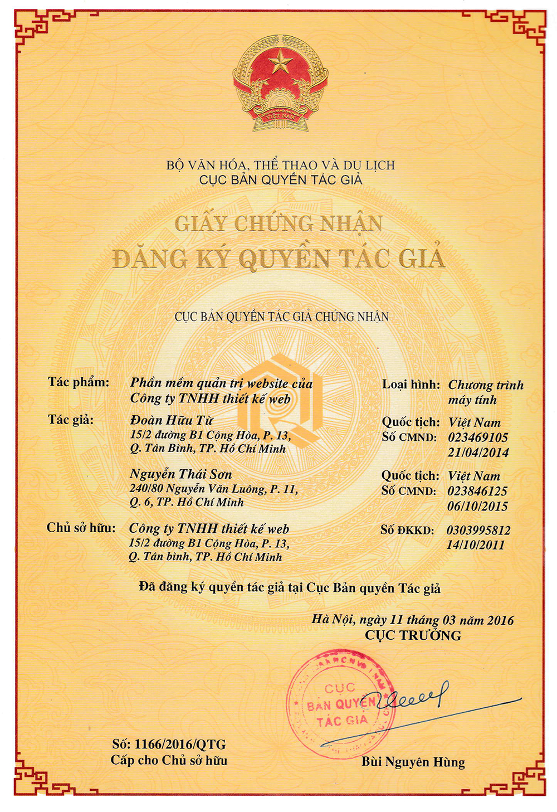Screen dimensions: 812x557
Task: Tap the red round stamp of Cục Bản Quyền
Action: point(340,703)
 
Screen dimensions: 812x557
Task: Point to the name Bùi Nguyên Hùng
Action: point(413,762)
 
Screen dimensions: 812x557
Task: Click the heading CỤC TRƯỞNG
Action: point(413,635)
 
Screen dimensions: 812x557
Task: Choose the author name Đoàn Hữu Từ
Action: point(172,420)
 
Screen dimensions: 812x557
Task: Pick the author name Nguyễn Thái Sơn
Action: point(180,474)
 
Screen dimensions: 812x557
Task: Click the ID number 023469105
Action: point(478,437)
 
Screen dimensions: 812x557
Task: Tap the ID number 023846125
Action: point(477,491)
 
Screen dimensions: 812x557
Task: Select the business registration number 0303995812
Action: point(478,530)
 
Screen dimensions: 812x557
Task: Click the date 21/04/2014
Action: point(478,453)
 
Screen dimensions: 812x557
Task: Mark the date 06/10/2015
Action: point(477,506)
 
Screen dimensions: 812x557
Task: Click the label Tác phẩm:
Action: point(79,382)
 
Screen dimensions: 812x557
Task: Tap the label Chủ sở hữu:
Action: point(81,528)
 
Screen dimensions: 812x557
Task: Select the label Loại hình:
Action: point(411,385)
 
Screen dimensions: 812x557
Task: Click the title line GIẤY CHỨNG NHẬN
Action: point(278,223)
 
